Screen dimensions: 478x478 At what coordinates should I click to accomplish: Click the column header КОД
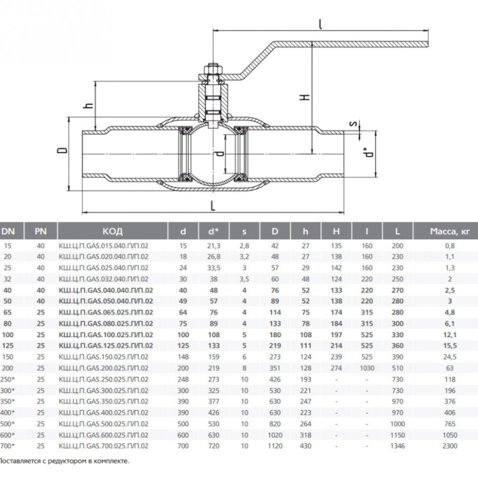click(x=112, y=231)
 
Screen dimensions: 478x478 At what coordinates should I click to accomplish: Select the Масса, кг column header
click(x=450, y=231)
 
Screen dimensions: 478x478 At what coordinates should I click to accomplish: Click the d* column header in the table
click(x=214, y=231)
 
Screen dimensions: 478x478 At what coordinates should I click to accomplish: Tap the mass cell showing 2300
click(x=450, y=446)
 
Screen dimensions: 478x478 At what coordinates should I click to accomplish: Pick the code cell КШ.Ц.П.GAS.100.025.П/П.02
click(x=105, y=335)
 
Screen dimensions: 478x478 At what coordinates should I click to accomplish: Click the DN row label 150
click(x=7, y=357)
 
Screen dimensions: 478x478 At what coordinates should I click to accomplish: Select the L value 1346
click(x=398, y=446)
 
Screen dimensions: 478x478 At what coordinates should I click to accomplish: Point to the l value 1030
click(x=366, y=368)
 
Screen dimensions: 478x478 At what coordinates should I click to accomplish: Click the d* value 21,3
click(x=214, y=246)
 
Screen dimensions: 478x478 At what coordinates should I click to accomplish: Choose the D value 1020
click(x=275, y=435)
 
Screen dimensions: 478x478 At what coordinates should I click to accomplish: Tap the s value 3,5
click(x=244, y=279)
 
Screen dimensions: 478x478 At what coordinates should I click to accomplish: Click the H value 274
click(x=337, y=368)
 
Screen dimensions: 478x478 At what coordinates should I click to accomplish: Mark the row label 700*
click(x=7, y=446)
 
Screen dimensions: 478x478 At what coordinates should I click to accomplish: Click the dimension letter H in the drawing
click(x=305, y=98)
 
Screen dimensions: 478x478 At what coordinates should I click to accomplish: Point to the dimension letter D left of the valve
click(x=62, y=150)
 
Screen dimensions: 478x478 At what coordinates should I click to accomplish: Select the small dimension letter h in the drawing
click(x=89, y=105)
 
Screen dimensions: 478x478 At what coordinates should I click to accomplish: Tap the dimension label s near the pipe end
click(x=353, y=124)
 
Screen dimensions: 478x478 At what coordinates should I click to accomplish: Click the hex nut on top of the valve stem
click(x=213, y=69)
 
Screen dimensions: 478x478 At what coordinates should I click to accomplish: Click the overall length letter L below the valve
click(x=213, y=205)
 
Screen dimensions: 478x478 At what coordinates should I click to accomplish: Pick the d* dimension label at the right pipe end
click(x=368, y=152)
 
